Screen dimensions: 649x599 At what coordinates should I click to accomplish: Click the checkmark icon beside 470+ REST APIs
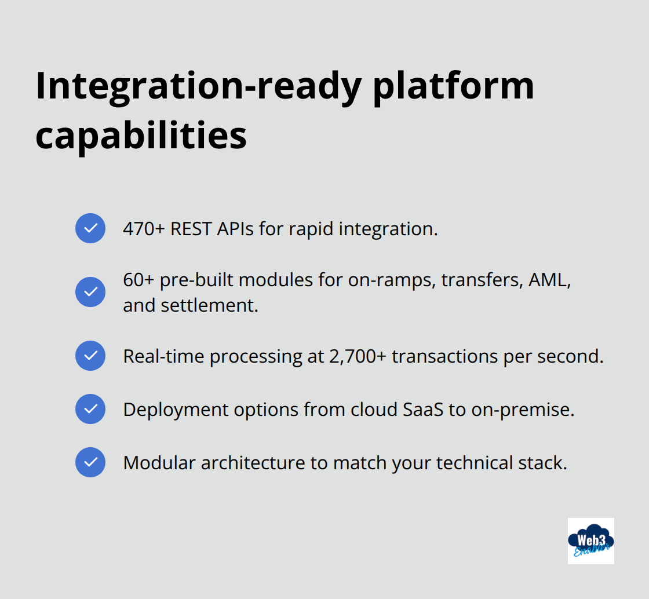click(90, 228)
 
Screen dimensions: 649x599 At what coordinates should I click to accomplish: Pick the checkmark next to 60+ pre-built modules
click(90, 292)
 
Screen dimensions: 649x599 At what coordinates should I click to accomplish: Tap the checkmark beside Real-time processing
click(90, 356)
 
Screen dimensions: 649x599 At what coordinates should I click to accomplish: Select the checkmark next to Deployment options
click(90, 409)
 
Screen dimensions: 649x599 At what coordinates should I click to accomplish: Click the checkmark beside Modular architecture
click(90, 462)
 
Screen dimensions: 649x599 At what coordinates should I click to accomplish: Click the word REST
click(191, 229)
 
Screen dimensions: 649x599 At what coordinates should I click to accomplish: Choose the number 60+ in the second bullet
click(138, 280)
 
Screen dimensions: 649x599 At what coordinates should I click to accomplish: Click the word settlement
click(209, 306)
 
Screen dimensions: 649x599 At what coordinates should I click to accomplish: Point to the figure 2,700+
click(358, 357)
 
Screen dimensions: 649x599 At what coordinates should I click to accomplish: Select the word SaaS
click(423, 410)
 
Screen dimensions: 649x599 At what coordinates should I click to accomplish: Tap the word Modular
click(159, 463)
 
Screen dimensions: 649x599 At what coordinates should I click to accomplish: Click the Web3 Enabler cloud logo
click(590, 540)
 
